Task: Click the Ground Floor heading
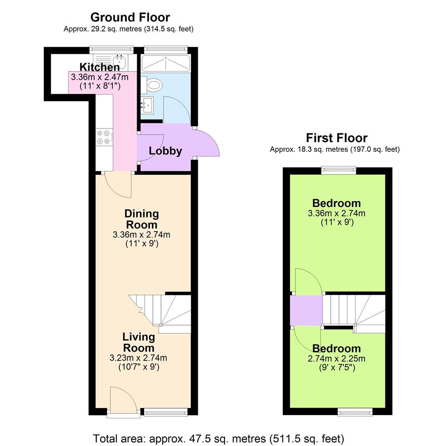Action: [130, 17]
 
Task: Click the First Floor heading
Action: [336, 138]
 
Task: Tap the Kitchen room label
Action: [100, 67]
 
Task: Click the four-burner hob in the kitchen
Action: [104, 137]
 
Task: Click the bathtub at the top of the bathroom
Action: [166, 63]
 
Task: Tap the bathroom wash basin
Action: [147, 105]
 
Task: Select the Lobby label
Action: [165, 151]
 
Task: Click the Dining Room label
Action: [141, 219]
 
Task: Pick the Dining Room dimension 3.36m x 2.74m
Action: [141, 235]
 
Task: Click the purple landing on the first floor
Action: [306, 310]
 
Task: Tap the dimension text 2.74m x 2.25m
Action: [336, 358]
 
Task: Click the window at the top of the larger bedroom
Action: [339, 168]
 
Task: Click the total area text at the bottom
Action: [218, 438]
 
